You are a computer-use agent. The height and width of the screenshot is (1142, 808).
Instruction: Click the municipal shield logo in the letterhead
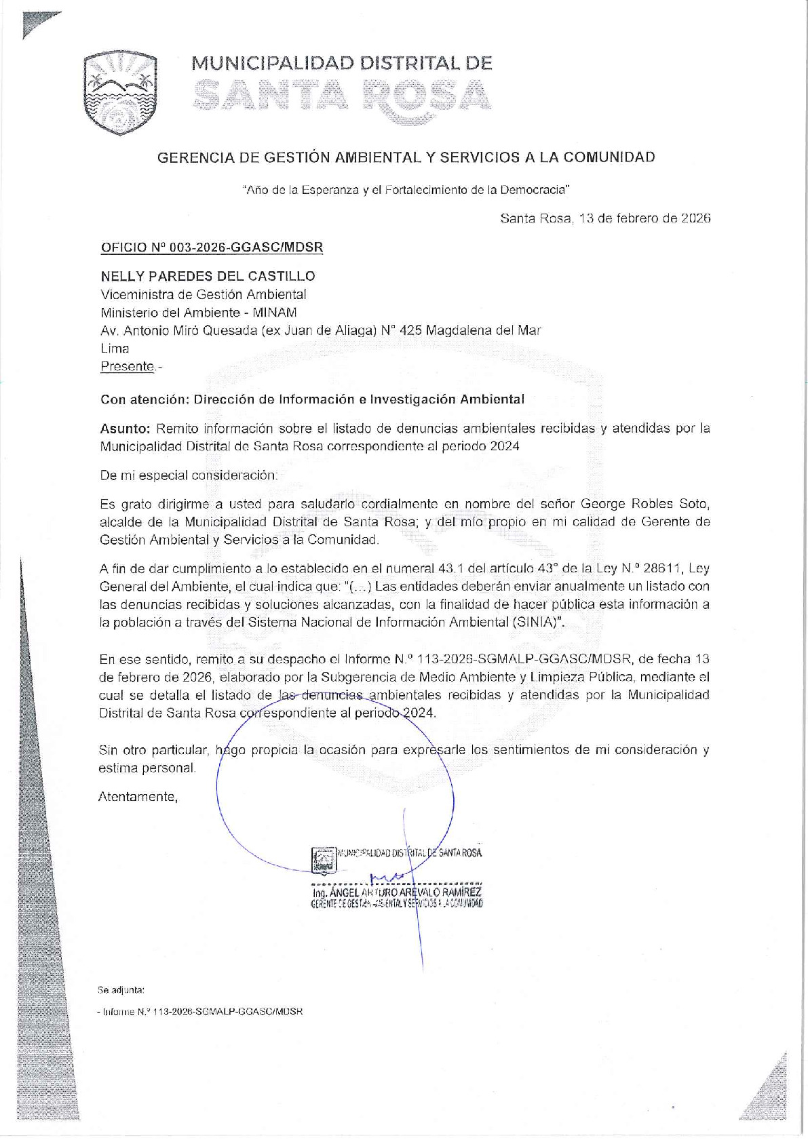click(120, 93)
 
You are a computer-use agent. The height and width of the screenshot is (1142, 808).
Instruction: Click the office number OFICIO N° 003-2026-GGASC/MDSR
click(212, 248)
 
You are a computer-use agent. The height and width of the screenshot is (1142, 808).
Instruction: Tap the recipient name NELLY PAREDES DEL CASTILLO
click(208, 276)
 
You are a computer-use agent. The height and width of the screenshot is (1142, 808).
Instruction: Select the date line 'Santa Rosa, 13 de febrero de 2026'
click(605, 218)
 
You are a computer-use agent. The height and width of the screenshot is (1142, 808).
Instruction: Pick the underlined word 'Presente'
click(128, 367)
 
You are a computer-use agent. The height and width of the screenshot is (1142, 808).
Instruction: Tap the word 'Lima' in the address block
click(115, 349)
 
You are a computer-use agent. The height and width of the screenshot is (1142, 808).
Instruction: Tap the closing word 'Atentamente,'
click(138, 797)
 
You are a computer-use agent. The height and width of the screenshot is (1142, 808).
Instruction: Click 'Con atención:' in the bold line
click(143, 399)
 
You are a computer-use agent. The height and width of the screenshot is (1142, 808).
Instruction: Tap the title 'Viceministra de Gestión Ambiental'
click(204, 294)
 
